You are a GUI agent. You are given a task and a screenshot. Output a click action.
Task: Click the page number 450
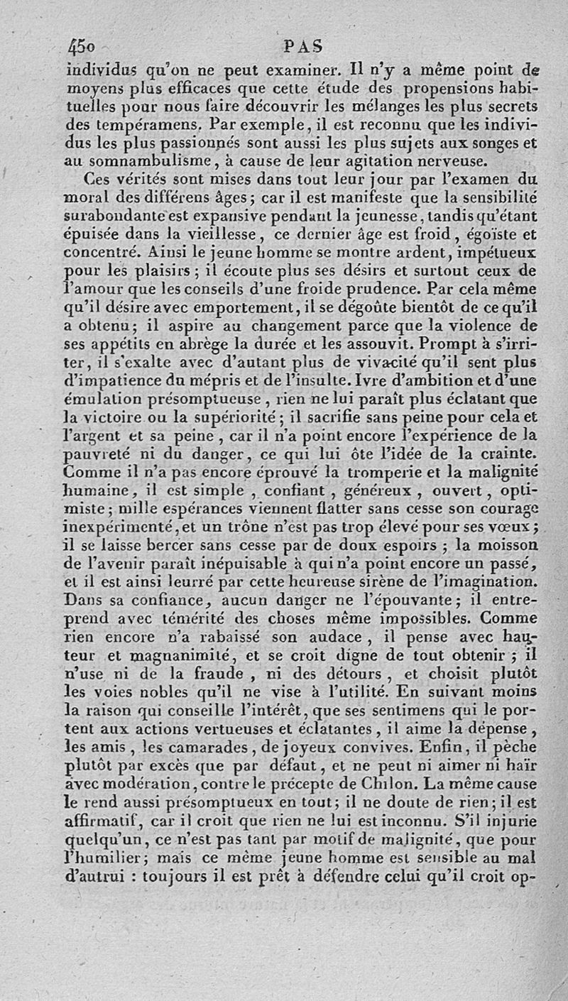pos(82,48)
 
